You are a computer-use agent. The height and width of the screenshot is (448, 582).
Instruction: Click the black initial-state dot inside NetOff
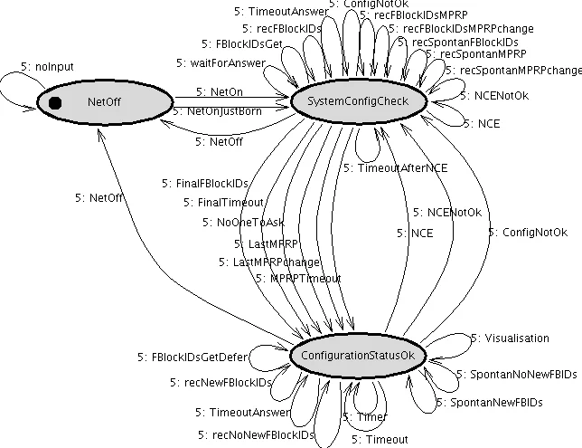pos(55,102)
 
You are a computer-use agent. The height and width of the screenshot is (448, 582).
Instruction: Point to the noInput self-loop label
pos(45,66)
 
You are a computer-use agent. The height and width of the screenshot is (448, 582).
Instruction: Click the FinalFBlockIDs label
pos(205,183)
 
